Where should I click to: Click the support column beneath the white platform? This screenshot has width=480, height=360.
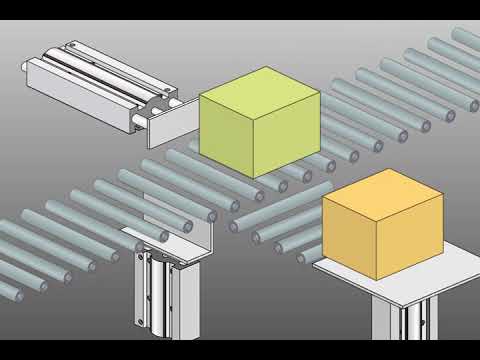pyautogui.click(x=405, y=325)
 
